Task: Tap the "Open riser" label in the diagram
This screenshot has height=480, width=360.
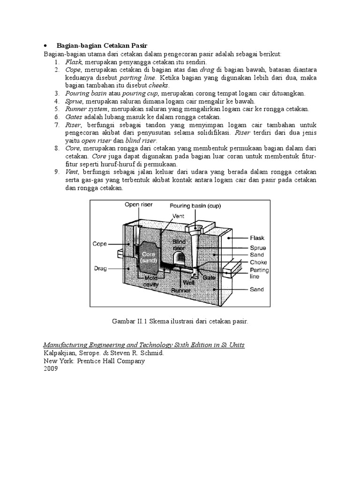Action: [137, 204]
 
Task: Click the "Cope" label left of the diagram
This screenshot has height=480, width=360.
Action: [100, 244]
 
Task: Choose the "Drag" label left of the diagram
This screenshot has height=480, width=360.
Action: [100, 269]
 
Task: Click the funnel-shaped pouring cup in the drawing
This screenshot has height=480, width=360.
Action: [195, 229]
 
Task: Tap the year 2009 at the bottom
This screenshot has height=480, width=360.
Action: [50, 369]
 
